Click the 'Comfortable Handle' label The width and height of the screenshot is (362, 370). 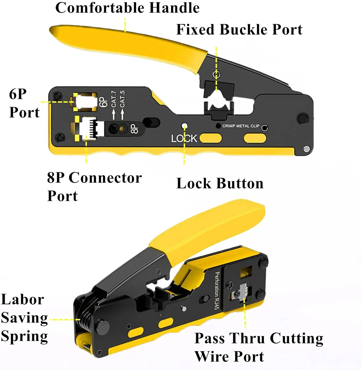(x=127, y=8)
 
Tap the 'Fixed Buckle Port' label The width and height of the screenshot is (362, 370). (x=239, y=29)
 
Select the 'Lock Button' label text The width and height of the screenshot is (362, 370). (x=220, y=183)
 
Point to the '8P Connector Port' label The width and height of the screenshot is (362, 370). (x=94, y=187)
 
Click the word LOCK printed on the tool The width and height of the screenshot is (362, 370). (x=184, y=138)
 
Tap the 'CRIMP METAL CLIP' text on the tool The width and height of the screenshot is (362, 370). (x=241, y=126)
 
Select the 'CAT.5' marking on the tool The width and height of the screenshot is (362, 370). (x=122, y=99)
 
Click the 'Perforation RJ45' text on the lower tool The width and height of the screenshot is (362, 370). (x=217, y=290)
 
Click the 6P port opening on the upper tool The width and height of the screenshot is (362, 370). (x=85, y=102)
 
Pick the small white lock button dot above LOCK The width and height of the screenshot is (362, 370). (x=185, y=125)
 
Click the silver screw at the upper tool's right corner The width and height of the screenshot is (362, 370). (x=306, y=149)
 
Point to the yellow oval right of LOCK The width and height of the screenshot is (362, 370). (x=211, y=138)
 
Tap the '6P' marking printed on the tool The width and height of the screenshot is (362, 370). (x=103, y=102)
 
